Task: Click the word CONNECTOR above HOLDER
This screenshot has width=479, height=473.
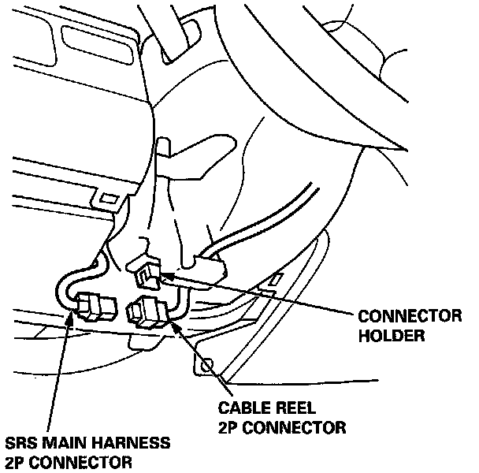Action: click(409, 317)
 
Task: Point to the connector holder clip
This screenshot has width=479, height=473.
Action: click(146, 272)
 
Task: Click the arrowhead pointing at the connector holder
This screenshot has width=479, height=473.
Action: click(166, 275)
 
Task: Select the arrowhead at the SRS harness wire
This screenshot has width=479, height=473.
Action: click(73, 318)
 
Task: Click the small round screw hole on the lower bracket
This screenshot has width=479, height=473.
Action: click(207, 365)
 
